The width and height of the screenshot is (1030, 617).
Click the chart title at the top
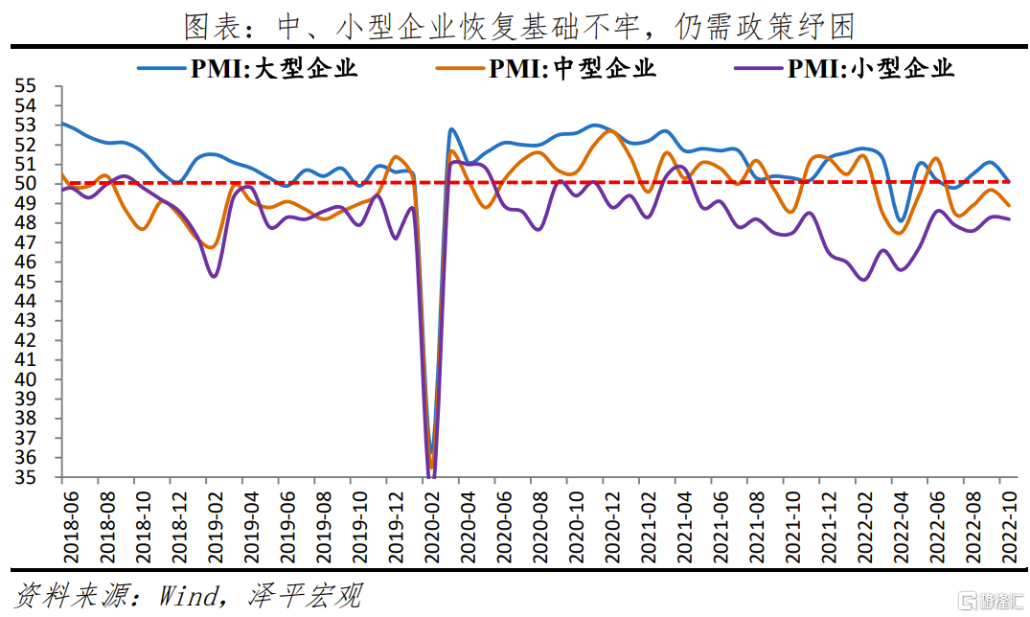[518, 25]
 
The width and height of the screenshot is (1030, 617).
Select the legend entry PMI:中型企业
[546, 67]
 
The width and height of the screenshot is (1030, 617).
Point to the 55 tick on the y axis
[26, 86]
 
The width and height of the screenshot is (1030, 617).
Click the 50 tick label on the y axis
[26, 184]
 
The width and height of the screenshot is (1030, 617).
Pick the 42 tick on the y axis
[26, 340]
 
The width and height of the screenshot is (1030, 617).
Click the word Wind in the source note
[188, 596]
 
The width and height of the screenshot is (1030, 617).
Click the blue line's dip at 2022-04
[901, 221]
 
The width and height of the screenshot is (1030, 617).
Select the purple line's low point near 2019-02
[214, 276]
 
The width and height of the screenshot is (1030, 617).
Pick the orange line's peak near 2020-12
[611, 131]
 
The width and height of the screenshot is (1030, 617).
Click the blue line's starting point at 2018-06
[62, 124]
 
